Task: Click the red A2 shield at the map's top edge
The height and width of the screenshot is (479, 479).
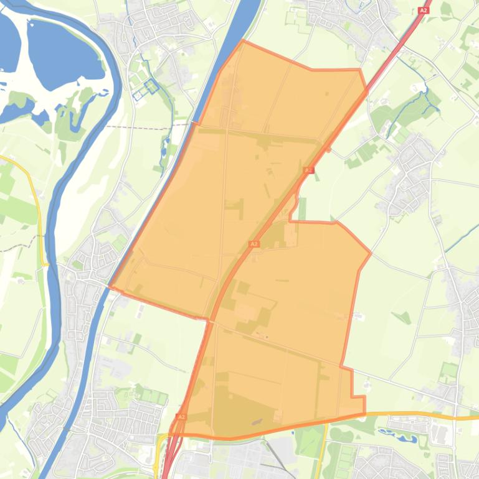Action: [424, 11]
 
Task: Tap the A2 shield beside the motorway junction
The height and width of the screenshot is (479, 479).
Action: [181, 416]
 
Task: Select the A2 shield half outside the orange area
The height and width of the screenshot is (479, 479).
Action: [308, 170]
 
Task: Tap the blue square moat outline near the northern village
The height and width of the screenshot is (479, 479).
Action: [150, 86]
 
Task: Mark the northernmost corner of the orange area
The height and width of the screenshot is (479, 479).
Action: [243, 41]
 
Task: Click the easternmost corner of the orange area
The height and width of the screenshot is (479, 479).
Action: [371, 253]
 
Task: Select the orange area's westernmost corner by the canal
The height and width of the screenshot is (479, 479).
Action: [110, 286]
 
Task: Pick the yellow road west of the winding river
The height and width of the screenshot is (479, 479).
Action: [37, 199]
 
